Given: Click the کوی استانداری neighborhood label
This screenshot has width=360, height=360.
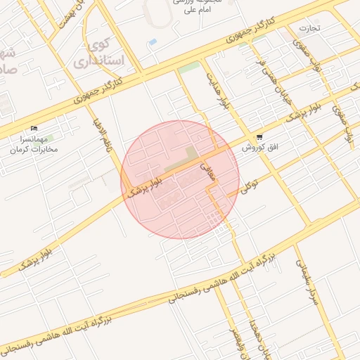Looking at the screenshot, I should click(107, 53).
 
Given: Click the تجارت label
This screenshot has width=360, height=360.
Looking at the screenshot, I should click(309, 28).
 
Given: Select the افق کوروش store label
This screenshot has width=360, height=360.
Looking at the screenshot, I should click(260, 148).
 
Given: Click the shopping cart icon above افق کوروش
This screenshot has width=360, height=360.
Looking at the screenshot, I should click(260, 137).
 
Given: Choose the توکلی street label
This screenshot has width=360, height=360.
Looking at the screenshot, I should click(249, 186).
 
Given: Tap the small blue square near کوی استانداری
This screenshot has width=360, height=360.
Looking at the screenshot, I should click(153, 42).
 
